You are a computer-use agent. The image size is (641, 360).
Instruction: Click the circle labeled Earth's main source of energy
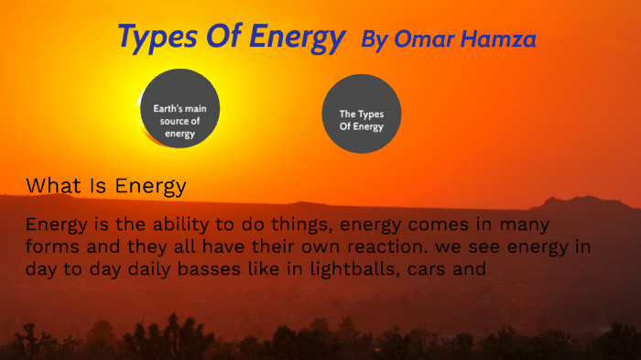[x=180, y=109]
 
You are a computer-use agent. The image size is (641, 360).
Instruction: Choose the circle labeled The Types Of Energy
[x=362, y=115]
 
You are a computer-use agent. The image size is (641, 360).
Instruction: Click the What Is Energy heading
[x=106, y=186]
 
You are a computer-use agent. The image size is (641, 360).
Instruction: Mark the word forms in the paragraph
[x=53, y=247]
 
